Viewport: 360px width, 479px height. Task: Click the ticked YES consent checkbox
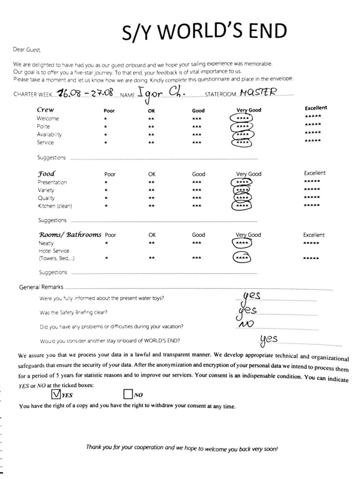[56, 394]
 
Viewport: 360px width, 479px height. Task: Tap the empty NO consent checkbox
[128, 394]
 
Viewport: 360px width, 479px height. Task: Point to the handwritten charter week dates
[85, 93]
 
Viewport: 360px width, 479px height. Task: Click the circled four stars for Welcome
[241, 118]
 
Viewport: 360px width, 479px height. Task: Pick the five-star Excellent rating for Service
[313, 141]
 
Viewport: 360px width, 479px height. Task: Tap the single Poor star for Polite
[105, 127]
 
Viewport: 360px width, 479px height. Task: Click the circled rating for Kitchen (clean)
[242, 206]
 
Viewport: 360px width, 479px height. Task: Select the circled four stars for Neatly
[242, 243]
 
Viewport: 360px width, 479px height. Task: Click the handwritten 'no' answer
[246, 324]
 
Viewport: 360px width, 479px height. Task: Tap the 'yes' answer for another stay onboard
[268, 340]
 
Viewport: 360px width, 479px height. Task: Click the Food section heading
[46, 174]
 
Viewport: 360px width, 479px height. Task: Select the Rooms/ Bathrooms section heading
[70, 235]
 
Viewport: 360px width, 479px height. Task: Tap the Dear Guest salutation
[27, 50]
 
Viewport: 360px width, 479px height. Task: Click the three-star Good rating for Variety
[197, 190]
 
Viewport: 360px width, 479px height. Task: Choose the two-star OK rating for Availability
[151, 135]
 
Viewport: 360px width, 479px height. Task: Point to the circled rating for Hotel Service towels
[242, 258]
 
